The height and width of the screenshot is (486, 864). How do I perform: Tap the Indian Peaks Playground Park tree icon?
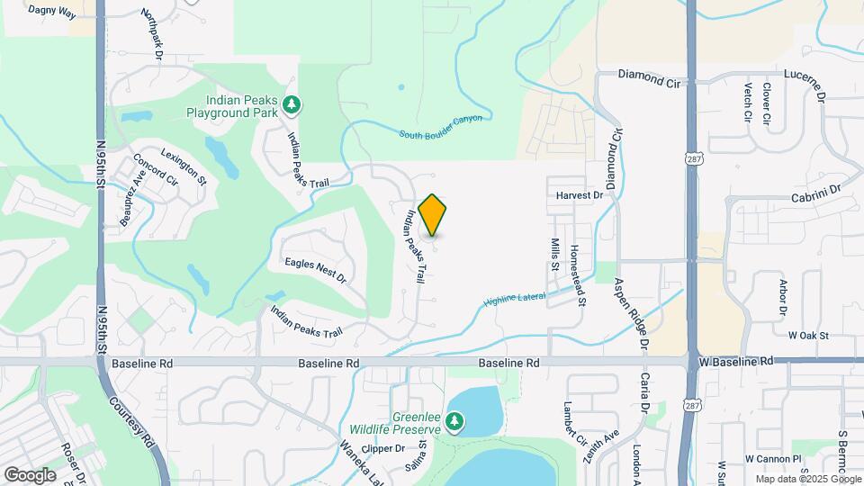[291, 106]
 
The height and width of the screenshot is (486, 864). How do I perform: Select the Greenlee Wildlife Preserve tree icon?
[455, 421]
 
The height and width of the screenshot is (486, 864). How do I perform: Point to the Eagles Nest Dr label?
[315, 270]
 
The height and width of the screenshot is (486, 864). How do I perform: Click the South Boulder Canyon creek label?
[441, 126]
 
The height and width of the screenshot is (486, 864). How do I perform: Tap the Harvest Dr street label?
[579, 194]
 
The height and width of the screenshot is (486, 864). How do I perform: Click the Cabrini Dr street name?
[815, 192]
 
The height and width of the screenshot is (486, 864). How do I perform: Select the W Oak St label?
[807, 336]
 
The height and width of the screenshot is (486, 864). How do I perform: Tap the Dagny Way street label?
[52, 10]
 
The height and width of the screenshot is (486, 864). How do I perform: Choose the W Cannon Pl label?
[772, 459]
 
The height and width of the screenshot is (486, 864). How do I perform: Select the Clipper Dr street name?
[383, 448]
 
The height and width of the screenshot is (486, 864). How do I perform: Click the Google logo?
[30, 474]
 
